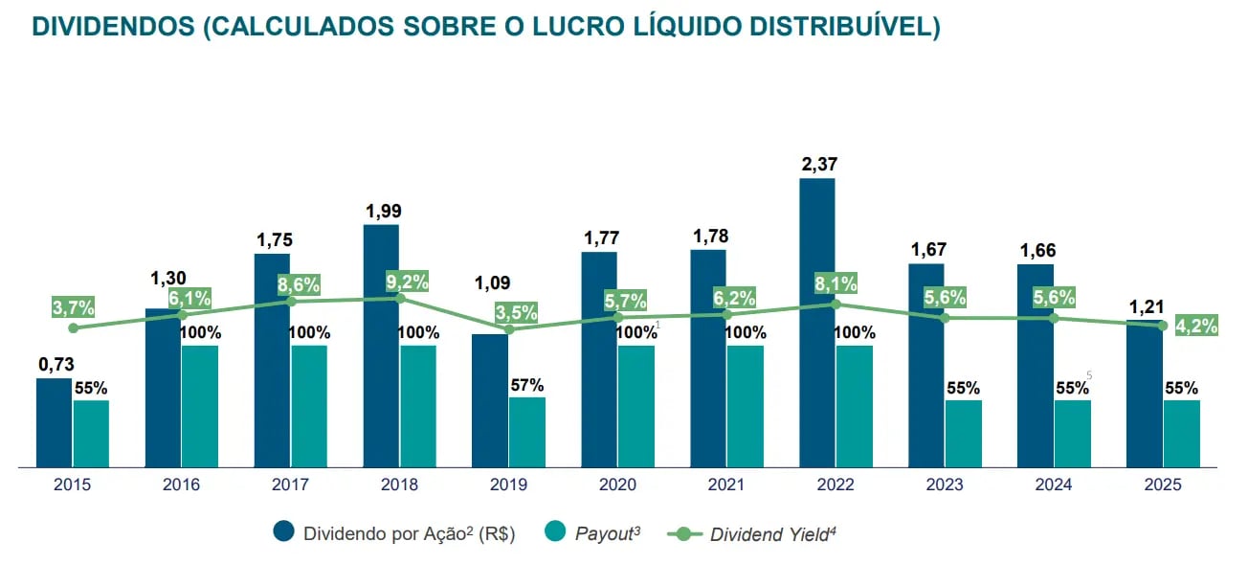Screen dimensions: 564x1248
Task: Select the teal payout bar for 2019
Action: click(526, 432)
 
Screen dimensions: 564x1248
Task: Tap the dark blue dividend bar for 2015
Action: click(54, 422)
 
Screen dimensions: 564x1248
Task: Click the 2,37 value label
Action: click(819, 164)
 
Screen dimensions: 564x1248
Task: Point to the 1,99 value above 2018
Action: click(383, 210)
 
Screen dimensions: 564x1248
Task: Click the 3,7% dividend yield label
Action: click(74, 307)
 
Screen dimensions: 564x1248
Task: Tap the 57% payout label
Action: click(526, 385)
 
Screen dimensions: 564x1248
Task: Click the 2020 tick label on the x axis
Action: click(617, 485)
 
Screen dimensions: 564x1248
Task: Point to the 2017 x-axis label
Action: click(290, 485)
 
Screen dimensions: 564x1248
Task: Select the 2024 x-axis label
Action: click(1053, 485)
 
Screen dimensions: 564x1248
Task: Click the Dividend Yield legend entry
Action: click(772, 534)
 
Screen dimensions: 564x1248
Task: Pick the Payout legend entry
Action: click(607, 534)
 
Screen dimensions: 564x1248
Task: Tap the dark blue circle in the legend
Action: click(284, 533)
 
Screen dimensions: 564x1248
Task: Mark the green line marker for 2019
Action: click(509, 329)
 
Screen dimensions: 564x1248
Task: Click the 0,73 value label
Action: click(56, 364)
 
